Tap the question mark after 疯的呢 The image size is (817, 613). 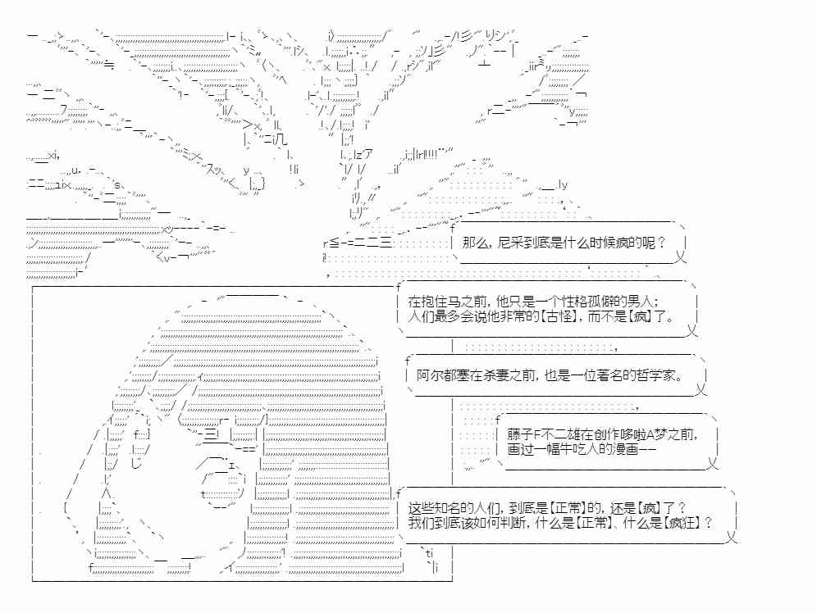(x=661, y=243)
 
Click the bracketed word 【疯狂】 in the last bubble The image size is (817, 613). (x=682, y=523)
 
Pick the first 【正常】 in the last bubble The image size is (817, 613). (x=568, y=507)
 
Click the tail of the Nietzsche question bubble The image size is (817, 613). (x=681, y=257)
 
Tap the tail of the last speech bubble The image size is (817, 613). (x=731, y=537)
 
